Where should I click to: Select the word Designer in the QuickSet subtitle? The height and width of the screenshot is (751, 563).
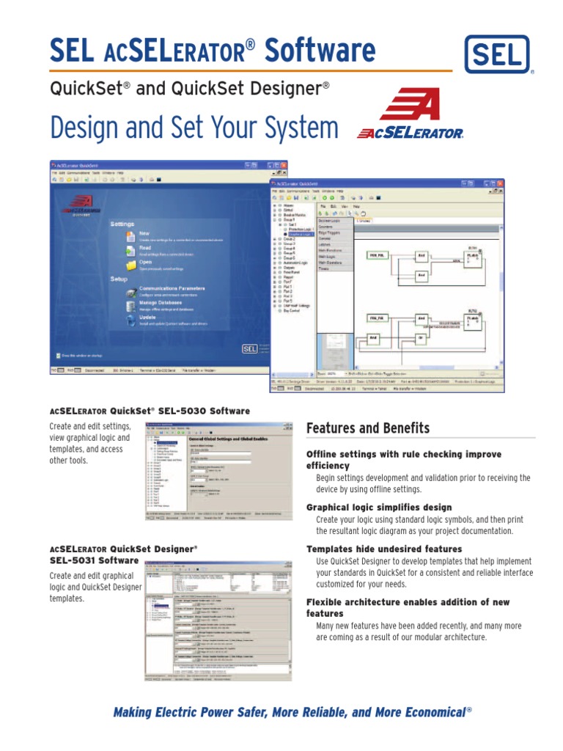click(x=282, y=89)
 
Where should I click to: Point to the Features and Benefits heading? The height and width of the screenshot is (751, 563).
click(x=368, y=428)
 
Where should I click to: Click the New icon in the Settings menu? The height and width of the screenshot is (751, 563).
click(x=130, y=235)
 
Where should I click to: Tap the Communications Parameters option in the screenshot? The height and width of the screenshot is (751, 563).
click(x=172, y=288)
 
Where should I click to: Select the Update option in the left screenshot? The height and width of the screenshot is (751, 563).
click(x=147, y=317)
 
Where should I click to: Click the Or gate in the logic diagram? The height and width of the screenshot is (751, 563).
click(x=421, y=338)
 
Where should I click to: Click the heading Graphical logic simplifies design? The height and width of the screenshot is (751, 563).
click(x=378, y=508)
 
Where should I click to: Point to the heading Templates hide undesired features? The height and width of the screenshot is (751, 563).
click(x=383, y=549)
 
